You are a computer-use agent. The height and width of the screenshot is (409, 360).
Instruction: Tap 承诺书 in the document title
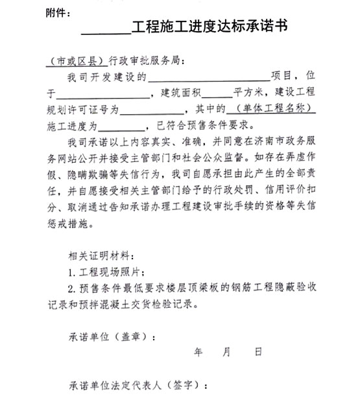coord(266,27)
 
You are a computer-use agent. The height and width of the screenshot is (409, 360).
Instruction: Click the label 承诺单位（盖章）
coord(110,337)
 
